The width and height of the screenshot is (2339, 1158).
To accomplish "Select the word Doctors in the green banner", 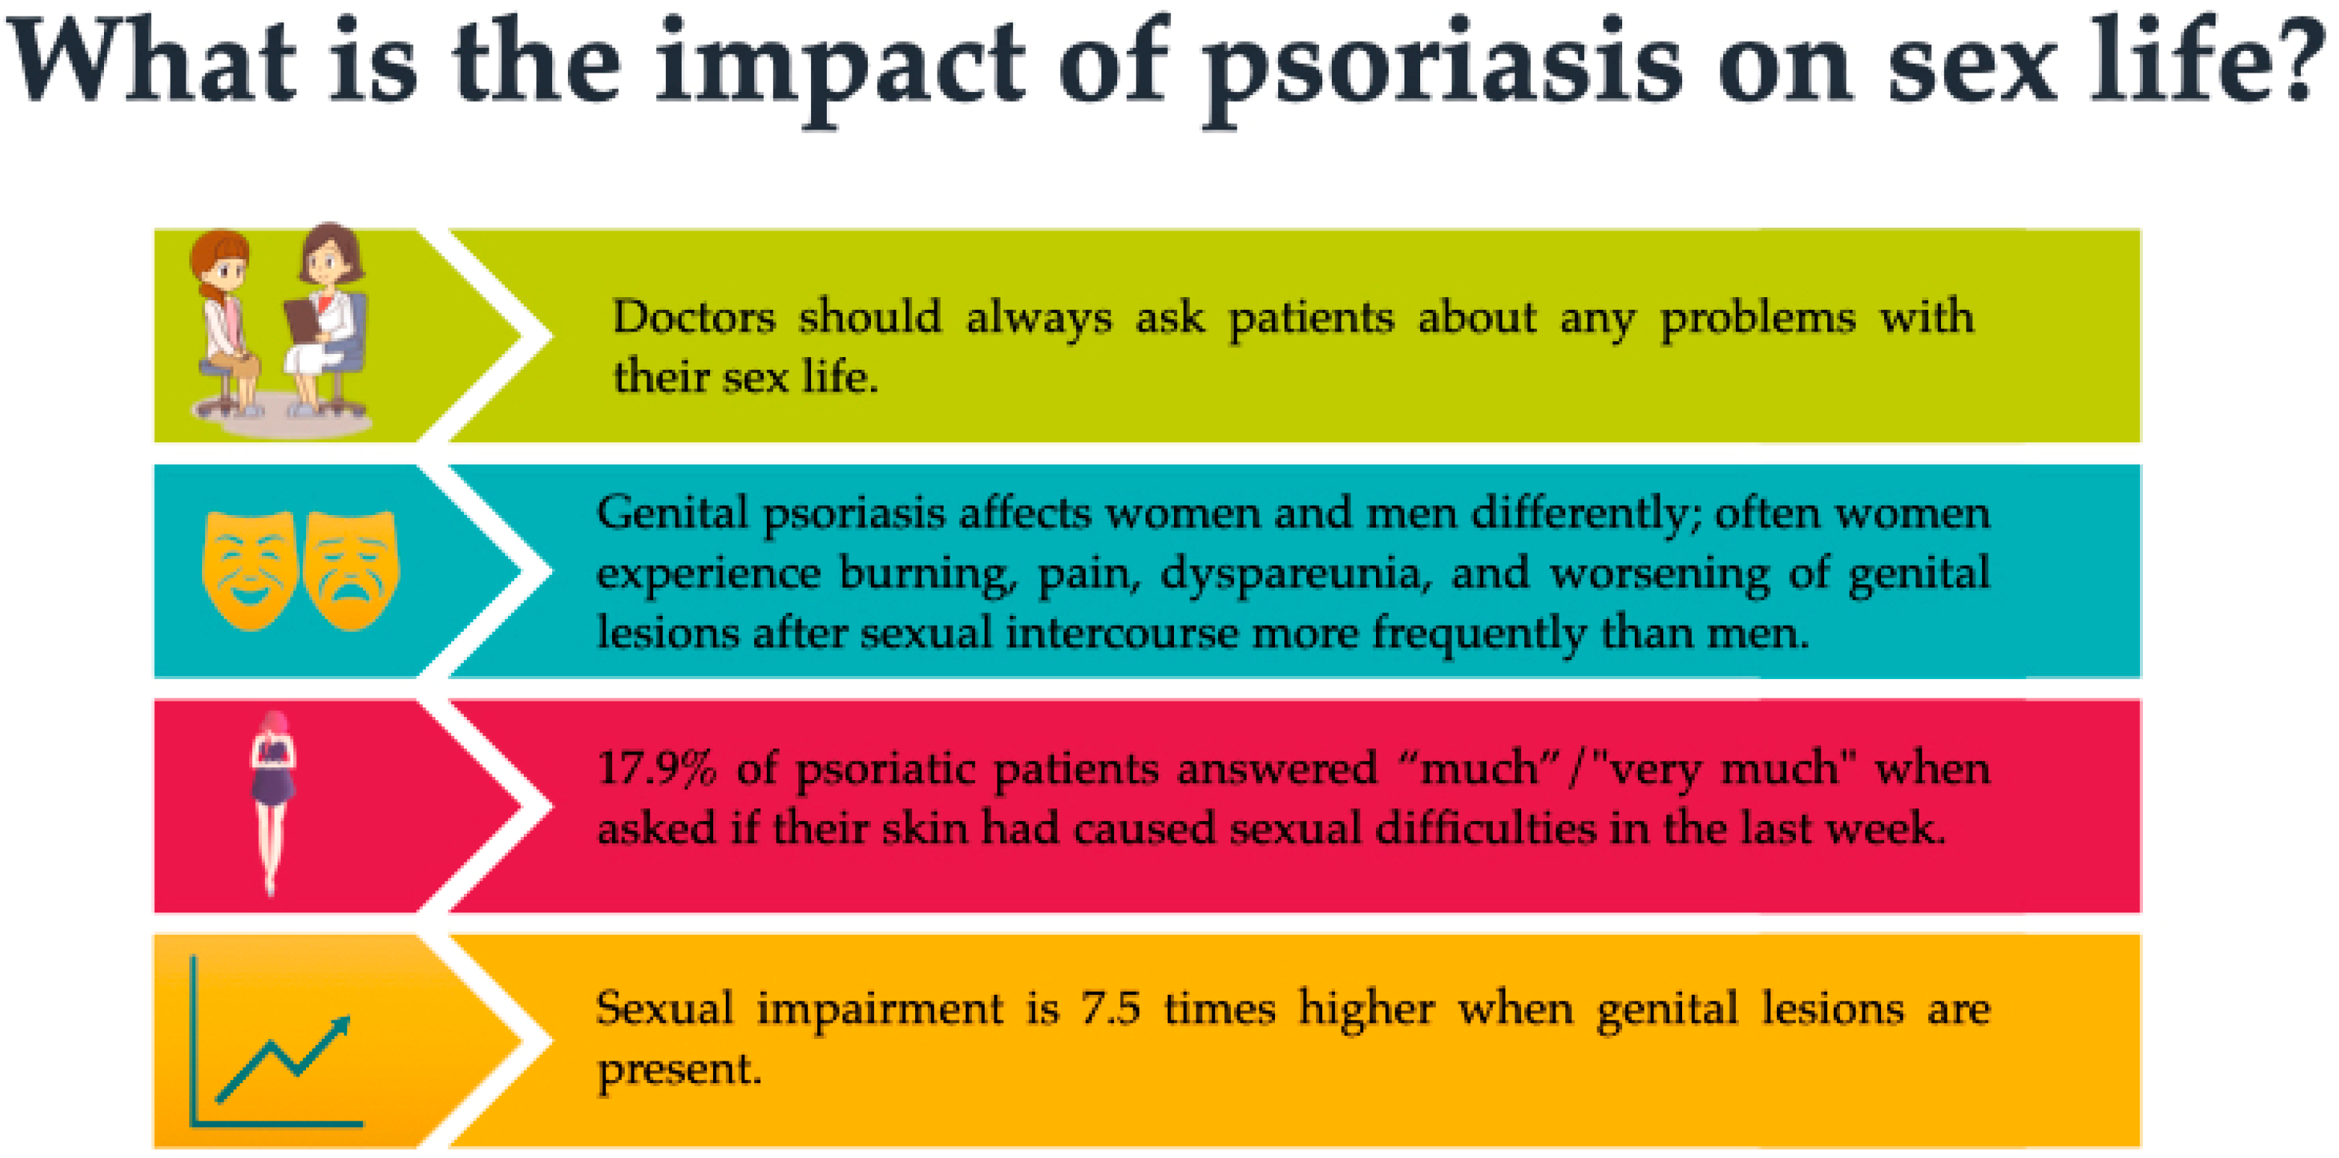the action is click(694, 318).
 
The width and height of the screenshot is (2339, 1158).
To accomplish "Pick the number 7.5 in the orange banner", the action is click(1110, 1009).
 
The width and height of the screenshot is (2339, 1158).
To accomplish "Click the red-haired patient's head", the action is click(221, 259).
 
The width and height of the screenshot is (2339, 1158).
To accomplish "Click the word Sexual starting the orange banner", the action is click(664, 1009).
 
